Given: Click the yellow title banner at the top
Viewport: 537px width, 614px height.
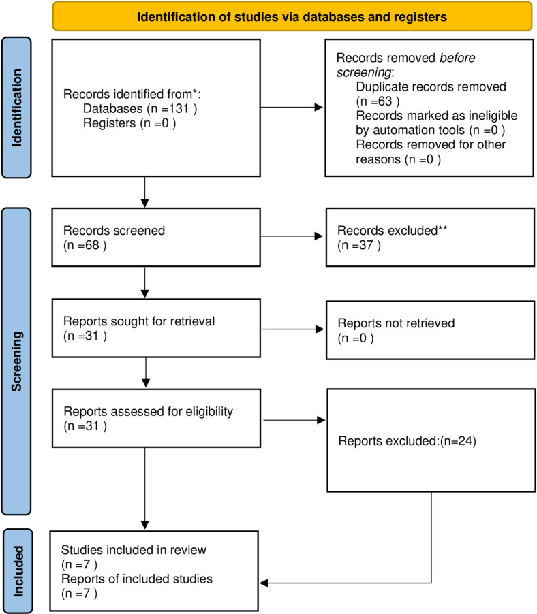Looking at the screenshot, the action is tap(292, 16).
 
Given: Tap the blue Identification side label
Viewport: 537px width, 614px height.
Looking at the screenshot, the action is tap(16, 108).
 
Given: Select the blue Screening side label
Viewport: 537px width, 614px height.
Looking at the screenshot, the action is tap(16, 361).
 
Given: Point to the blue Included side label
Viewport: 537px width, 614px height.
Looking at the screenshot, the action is tap(18, 571).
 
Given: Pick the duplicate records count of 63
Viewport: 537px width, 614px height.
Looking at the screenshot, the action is tap(384, 101).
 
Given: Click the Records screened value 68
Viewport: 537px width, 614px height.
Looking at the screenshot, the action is tap(92, 245).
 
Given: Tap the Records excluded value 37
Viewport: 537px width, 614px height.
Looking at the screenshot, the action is tap(366, 245).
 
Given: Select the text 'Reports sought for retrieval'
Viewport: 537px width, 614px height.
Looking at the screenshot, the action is tap(139, 321).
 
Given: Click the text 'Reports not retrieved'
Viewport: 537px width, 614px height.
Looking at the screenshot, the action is tap(397, 323).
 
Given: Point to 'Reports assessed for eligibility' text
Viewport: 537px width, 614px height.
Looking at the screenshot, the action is tap(148, 412).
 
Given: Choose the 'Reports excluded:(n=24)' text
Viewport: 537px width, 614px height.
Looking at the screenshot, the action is tap(408, 441).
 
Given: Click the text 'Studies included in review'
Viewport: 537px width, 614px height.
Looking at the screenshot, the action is tap(134, 550).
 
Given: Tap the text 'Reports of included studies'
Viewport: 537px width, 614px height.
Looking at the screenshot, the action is tap(137, 579).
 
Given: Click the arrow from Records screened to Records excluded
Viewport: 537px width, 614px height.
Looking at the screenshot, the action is tap(292, 236).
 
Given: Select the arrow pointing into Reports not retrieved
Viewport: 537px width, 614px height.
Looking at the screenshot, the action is tap(293, 329).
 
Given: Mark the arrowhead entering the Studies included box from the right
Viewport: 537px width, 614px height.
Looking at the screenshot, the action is tap(264, 583).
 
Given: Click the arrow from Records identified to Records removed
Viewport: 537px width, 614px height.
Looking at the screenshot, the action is tap(292, 108).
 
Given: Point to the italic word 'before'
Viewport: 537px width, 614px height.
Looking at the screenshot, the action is tap(457, 58).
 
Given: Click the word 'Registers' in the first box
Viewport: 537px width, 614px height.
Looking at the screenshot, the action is tap(109, 123).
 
